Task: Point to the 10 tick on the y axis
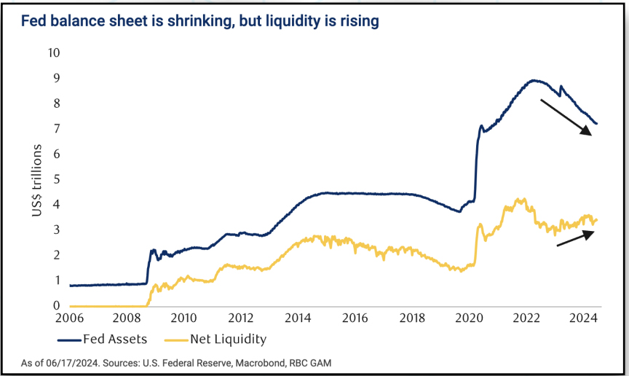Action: [x=54, y=53]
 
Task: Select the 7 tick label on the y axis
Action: [x=56, y=129]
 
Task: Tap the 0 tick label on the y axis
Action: [x=56, y=306]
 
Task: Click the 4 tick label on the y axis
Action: [x=56, y=205]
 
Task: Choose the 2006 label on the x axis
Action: [x=70, y=318]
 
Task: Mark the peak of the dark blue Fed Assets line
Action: [x=534, y=80]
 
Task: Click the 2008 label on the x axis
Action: [x=127, y=318]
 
